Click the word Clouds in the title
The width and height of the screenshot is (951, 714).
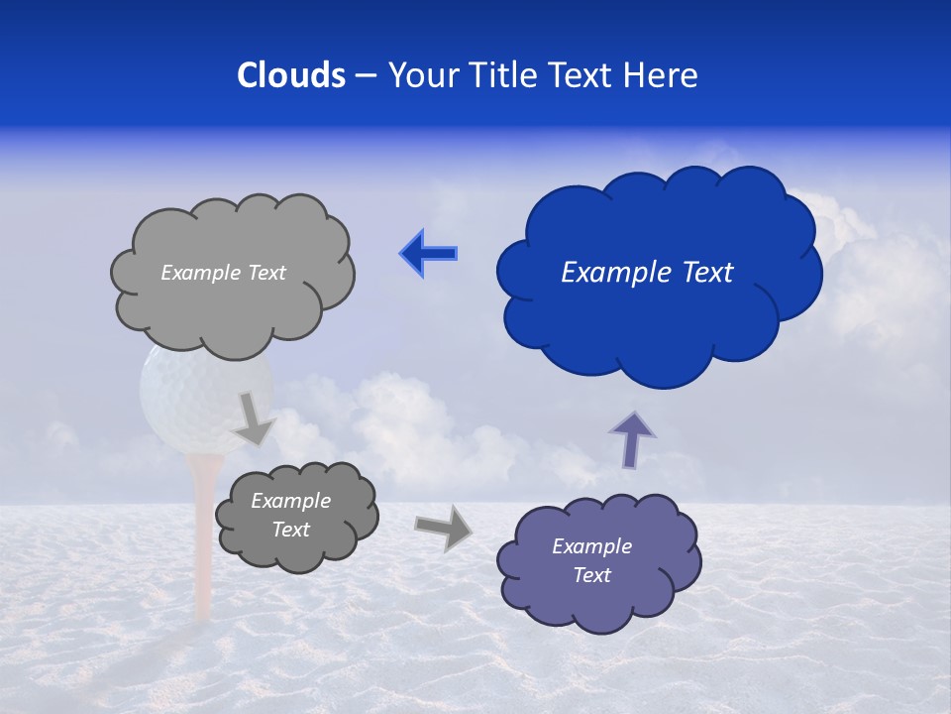[291, 75]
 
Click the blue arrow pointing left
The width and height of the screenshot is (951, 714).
[429, 253]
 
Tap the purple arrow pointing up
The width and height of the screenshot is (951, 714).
[631, 438]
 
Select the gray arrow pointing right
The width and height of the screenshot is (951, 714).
[443, 527]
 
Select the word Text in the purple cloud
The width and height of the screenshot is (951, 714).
[591, 575]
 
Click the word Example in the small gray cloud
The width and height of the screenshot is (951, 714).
[290, 501]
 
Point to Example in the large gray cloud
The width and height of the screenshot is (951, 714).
[198, 273]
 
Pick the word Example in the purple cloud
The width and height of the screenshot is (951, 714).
[591, 546]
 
